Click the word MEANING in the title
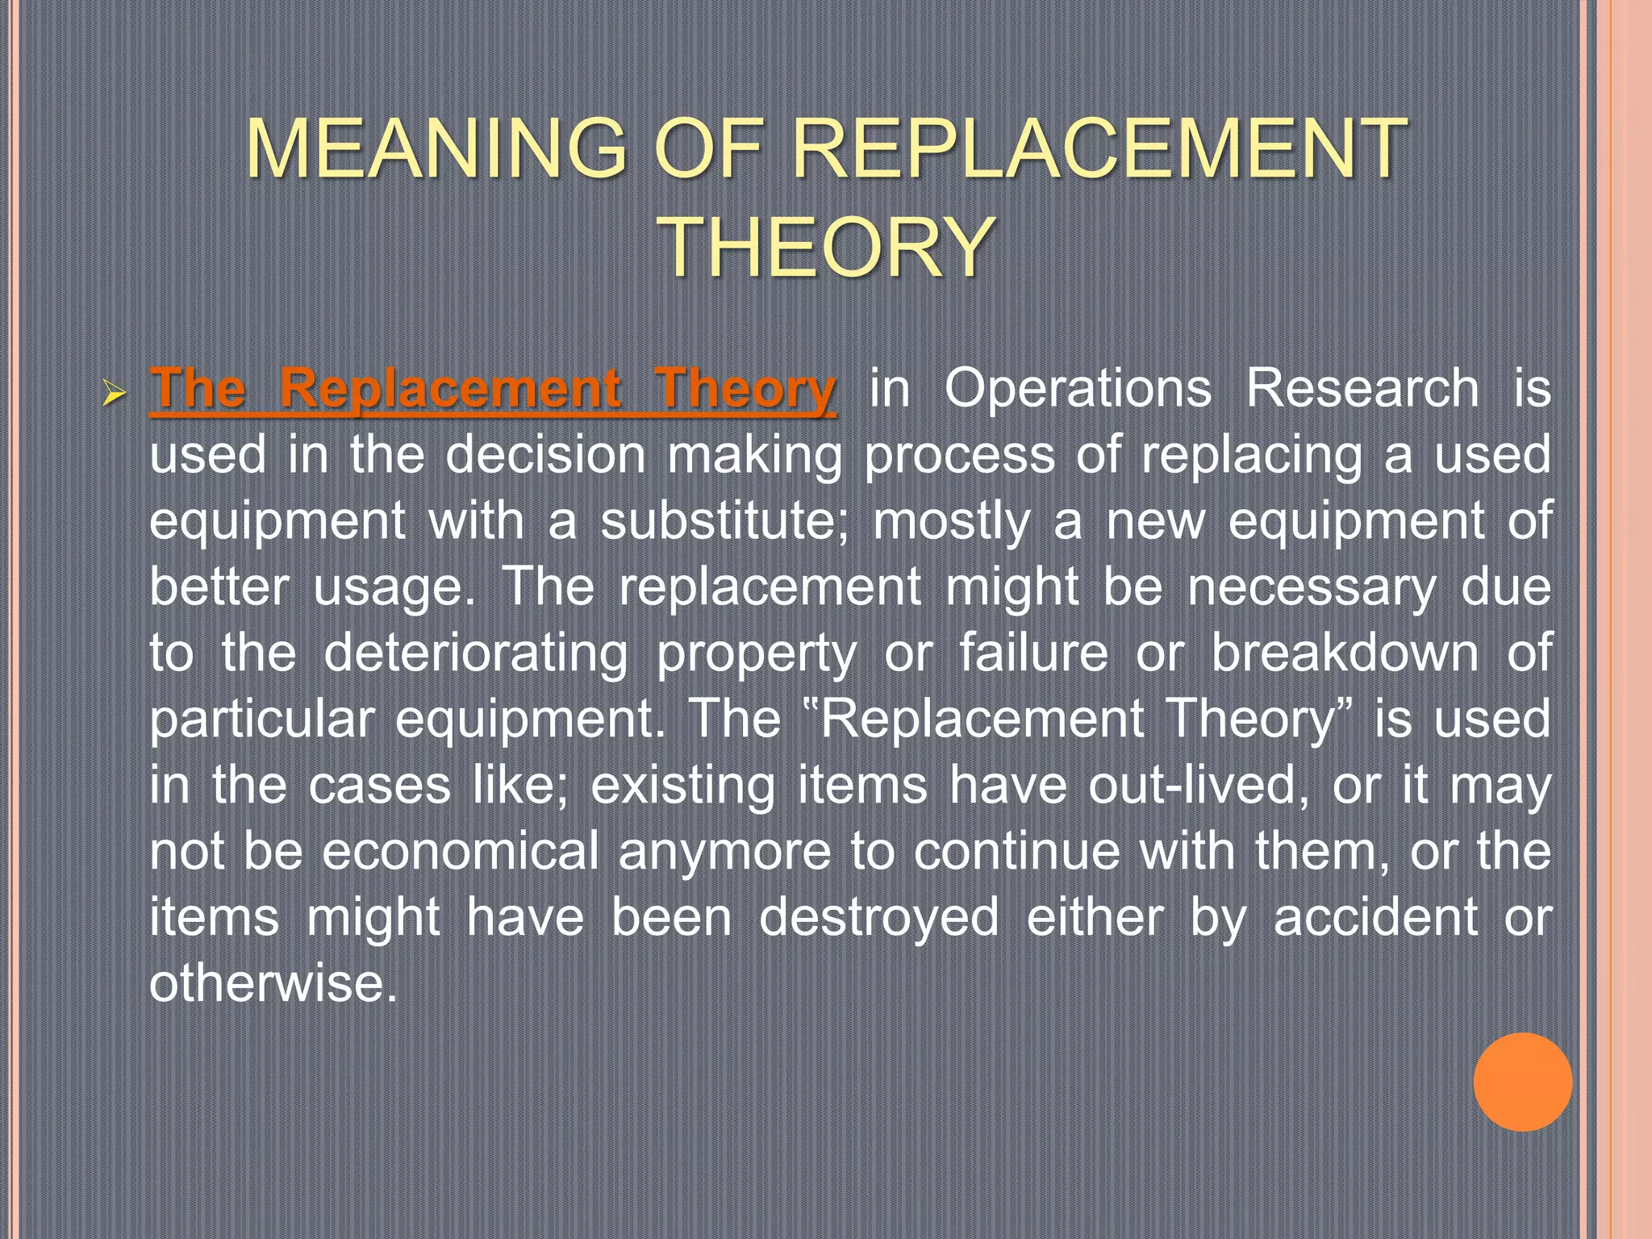436,148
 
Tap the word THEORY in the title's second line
826,247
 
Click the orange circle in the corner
1522,1082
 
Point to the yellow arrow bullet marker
115,394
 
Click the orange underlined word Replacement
449,390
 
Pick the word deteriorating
475,653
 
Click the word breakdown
1345,653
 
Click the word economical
461,851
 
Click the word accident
1375,917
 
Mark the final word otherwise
273,983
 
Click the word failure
1033,653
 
